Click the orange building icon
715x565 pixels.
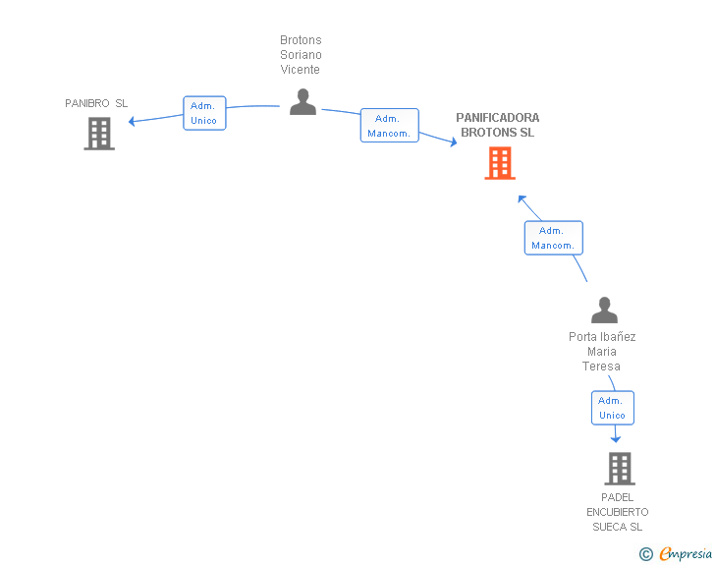(500, 163)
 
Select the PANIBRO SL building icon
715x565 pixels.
(99, 134)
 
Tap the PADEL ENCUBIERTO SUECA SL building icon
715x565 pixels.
(620, 469)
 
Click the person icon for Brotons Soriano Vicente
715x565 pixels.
(302, 102)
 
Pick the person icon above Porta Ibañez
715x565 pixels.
(604, 310)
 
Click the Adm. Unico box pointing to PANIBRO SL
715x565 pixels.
(204, 113)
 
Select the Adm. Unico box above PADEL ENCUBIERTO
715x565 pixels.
(613, 408)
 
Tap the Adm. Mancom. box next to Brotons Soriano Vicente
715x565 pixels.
(389, 126)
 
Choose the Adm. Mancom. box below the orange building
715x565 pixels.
(554, 238)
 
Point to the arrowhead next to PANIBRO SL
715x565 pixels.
(132, 122)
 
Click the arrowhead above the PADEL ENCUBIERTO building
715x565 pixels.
(616, 439)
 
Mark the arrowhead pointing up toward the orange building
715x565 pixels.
(522, 199)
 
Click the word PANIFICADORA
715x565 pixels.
(498, 118)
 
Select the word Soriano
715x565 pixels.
(301, 55)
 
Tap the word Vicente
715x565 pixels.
(301, 70)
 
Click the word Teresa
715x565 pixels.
(601, 366)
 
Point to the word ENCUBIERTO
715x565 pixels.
(618, 512)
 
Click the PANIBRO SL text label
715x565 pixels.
(96, 103)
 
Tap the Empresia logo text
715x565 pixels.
(686, 553)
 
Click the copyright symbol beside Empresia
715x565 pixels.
(645, 554)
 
